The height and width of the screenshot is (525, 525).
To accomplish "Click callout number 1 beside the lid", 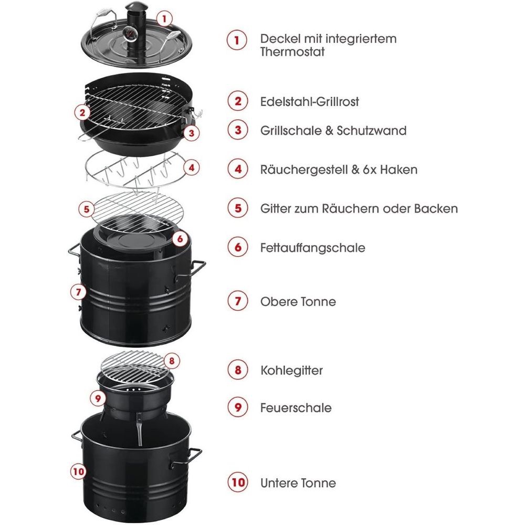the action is click(164, 18).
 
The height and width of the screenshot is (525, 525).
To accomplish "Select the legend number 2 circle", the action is click(238, 101).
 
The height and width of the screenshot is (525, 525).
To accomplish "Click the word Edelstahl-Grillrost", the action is click(310, 101).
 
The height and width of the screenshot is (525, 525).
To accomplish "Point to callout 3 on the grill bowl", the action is click(191, 133).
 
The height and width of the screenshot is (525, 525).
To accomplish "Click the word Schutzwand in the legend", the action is click(372, 130).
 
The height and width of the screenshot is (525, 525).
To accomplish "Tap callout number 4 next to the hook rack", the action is click(192, 167).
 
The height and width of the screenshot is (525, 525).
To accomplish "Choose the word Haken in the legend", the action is click(399, 170).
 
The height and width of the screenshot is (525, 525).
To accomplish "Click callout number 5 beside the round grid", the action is click(87, 209).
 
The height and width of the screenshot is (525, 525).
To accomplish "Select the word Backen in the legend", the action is click(436, 208).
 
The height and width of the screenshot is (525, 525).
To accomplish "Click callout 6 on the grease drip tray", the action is click(180, 239).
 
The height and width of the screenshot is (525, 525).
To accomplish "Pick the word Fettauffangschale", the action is click(313, 248).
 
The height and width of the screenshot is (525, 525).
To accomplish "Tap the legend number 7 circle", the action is click(238, 301).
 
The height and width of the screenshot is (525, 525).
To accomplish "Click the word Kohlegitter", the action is click(291, 370).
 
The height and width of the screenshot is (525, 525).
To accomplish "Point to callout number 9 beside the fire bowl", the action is click(98, 398).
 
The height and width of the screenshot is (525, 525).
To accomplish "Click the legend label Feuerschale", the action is click(296, 407).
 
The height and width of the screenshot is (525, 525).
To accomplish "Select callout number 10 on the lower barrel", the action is click(78, 471).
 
